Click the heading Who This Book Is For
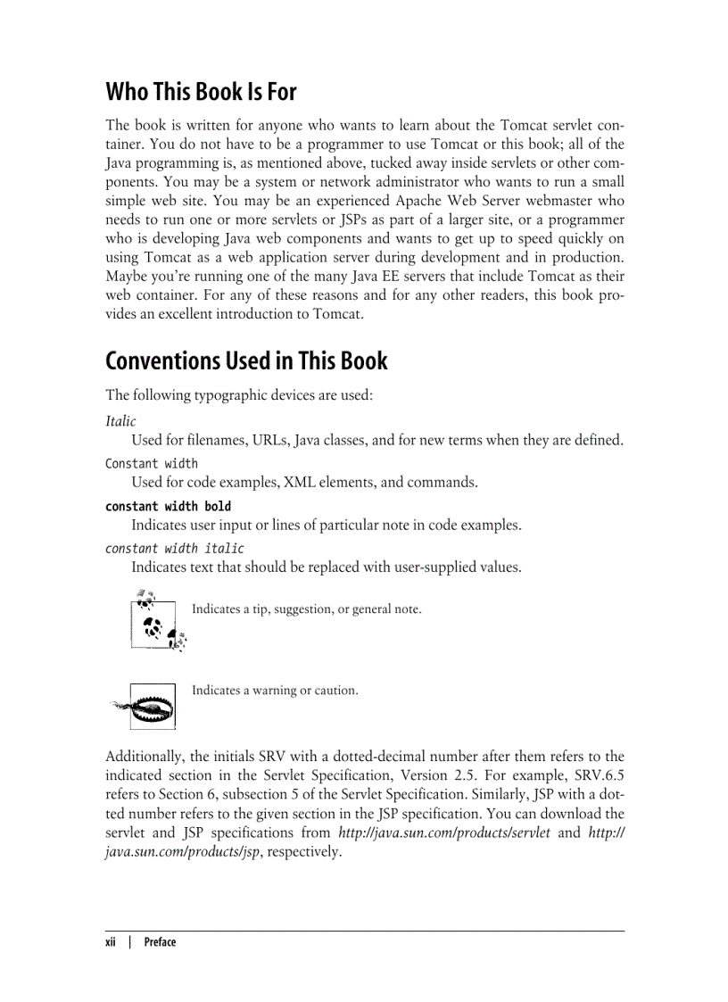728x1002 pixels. point(201,92)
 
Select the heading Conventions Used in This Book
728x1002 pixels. point(246,361)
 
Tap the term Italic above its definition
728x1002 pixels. point(120,421)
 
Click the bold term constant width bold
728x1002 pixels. point(168,506)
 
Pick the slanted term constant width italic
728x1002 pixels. point(174,548)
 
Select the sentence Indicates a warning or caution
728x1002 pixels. point(275,690)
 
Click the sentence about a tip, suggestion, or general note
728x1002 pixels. point(306,609)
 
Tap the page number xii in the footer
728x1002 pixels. point(112,941)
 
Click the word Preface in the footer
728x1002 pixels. point(160,941)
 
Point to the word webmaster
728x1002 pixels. point(567,201)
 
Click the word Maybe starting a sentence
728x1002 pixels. point(126,277)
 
